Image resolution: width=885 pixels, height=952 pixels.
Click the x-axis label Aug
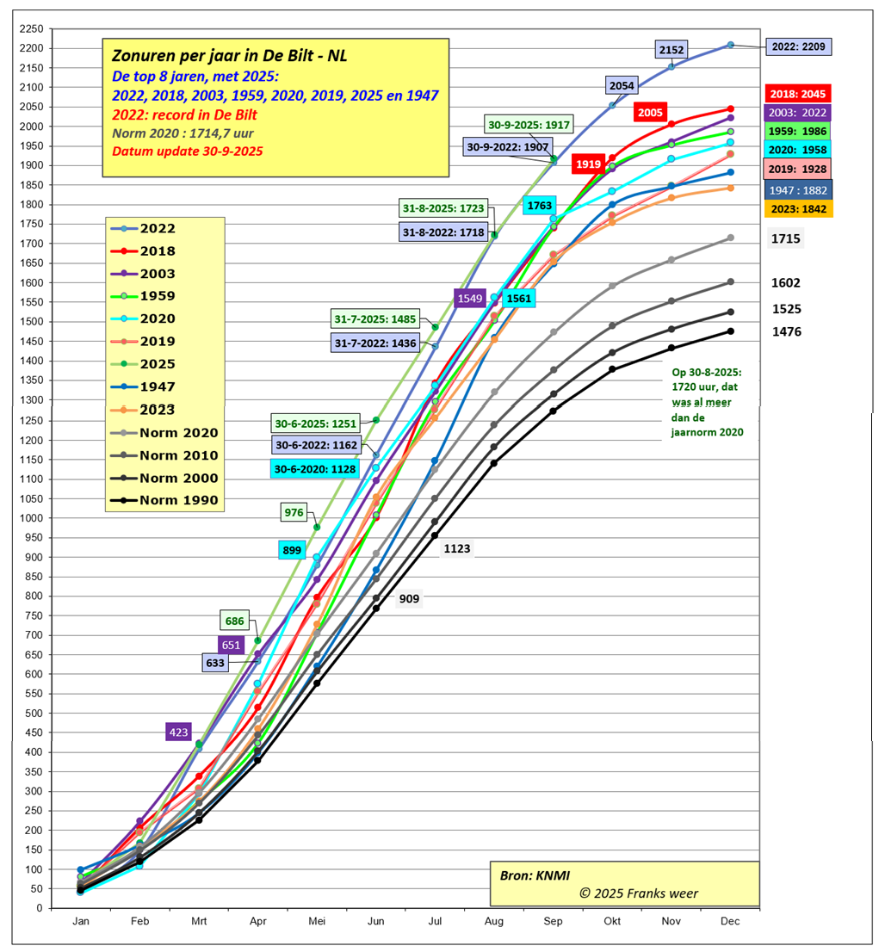click(x=493, y=921)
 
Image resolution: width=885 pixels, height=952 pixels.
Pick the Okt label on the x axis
click(x=612, y=921)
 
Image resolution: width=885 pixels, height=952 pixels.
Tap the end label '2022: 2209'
click(x=800, y=46)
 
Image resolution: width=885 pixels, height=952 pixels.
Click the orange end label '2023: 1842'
click(x=800, y=209)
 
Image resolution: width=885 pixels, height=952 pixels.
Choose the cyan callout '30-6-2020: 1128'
click(x=313, y=468)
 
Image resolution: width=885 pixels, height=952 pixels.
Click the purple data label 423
click(x=178, y=733)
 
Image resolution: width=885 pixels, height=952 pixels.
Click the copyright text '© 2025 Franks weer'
click(x=639, y=893)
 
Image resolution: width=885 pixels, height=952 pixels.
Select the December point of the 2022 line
click(x=730, y=45)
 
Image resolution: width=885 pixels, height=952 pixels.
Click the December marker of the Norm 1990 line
click(x=730, y=331)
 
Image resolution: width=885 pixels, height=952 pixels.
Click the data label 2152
click(x=671, y=50)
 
